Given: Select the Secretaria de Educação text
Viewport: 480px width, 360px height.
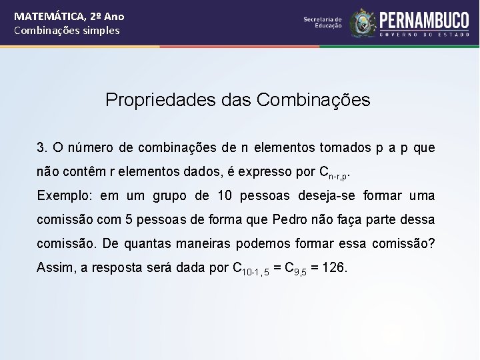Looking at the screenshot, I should [x=323, y=22].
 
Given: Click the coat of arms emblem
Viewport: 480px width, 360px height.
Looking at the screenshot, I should [x=363, y=23].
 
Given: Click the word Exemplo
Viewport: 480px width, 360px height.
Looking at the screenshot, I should [x=63, y=196].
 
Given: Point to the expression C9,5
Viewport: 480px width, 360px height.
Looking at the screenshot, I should [x=296, y=269].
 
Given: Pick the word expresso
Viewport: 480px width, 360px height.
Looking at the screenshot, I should [x=266, y=171].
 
